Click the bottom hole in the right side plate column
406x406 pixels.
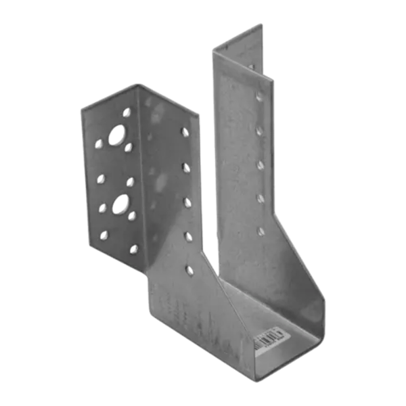click(x=260, y=231)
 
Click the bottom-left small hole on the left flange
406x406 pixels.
click(x=105, y=233)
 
